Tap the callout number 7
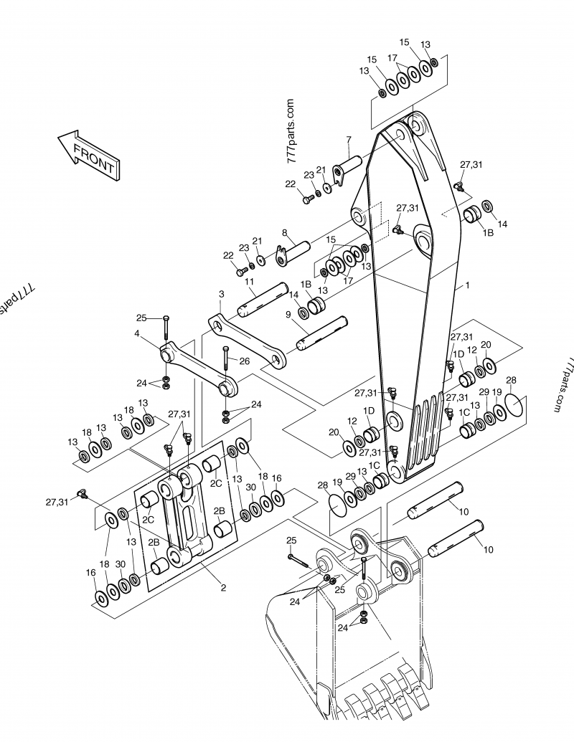349,139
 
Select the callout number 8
284,232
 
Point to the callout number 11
250,282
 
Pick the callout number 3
221,294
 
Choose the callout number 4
136,333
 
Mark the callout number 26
244,361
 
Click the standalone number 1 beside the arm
467,285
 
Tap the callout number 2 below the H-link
223,587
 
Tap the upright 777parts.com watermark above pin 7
291,132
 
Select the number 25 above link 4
141,318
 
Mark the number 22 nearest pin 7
291,184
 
